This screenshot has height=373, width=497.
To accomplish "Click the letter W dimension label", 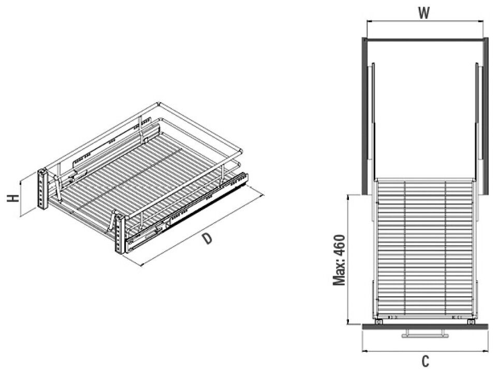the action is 424,13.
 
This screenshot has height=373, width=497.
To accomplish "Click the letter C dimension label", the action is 426,361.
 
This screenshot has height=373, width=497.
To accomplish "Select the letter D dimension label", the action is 207,238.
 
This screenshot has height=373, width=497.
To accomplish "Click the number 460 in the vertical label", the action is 339,245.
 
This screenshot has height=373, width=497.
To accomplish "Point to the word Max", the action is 339,274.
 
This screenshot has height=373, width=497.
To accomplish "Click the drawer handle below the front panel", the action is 425,333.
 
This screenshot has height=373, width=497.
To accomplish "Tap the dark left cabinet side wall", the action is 364,116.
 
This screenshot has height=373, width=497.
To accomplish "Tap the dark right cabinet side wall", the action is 485,116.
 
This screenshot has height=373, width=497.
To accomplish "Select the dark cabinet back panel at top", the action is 425,40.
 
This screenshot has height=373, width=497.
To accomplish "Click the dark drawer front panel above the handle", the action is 425,326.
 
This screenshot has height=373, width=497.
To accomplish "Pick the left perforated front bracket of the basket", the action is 42,190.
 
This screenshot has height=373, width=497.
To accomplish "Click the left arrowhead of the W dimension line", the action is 369,21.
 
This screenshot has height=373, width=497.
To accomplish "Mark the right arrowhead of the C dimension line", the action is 487,350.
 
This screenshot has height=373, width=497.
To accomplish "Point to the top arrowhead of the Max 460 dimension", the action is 348,197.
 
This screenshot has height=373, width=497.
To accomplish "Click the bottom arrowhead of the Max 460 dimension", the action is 348,322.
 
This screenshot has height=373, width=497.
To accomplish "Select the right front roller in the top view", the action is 471,322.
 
